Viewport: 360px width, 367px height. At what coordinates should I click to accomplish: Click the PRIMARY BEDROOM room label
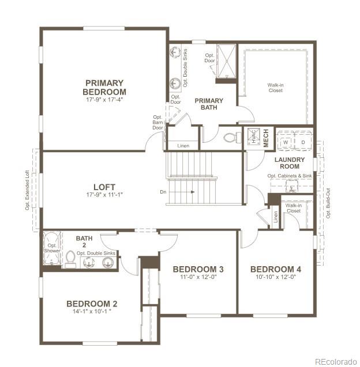(x=104, y=87)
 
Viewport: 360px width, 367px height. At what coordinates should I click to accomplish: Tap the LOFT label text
(x=104, y=187)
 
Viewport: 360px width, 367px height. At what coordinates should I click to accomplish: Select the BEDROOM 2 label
(x=92, y=304)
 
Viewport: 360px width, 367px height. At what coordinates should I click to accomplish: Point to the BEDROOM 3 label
(x=198, y=270)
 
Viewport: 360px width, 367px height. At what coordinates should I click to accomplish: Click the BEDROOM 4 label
(x=275, y=270)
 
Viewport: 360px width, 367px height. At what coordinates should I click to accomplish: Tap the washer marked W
(x=285, y=142)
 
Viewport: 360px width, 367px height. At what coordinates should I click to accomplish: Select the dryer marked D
(x=303, y=142)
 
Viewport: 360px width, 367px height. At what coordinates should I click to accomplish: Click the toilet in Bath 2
(x=70, y=260)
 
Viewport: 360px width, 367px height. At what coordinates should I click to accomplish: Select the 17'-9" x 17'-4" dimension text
(x=104, y=100)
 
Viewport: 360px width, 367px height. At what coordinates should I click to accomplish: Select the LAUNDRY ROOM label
(x=290, y=163)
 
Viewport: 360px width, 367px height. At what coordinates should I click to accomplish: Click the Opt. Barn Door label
(x=157, y=122)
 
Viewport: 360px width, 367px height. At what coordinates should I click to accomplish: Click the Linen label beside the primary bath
(x=183, y=145)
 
